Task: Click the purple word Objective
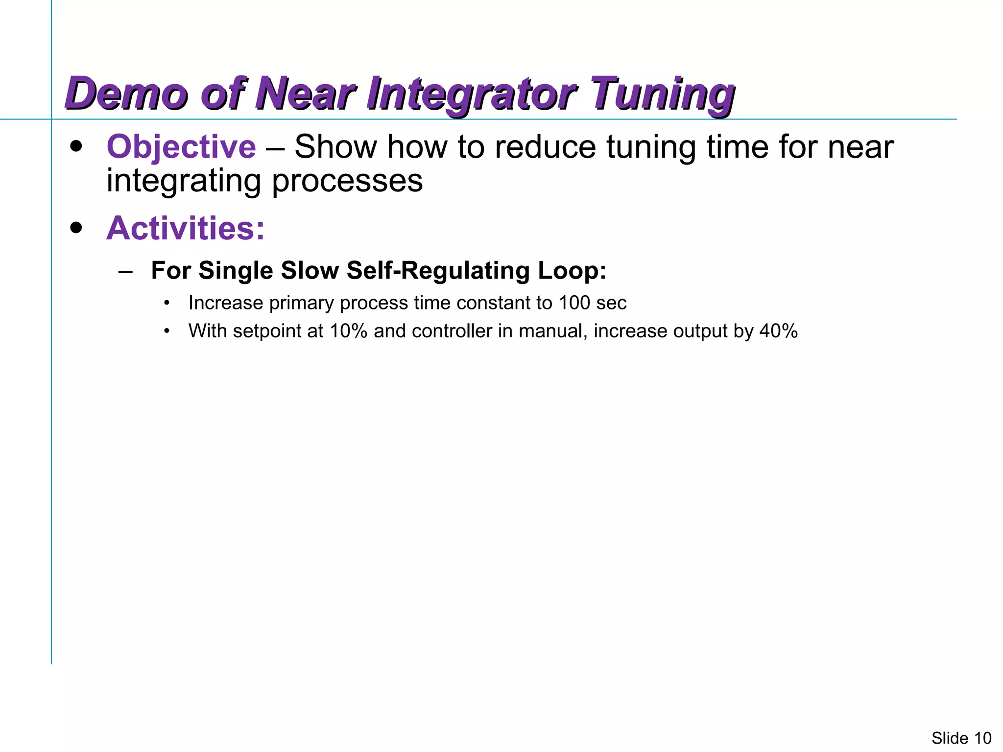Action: tap(181, 147)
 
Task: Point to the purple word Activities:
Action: tap(186, 229)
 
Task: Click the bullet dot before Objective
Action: tap(76, 146)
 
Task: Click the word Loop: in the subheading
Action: tap(572, 270)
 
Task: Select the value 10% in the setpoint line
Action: tap(348, 331)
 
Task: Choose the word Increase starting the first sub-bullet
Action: tap(226, 303)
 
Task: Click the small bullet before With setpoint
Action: tap(167, 331)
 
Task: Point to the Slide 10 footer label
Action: tap(961, 738)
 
